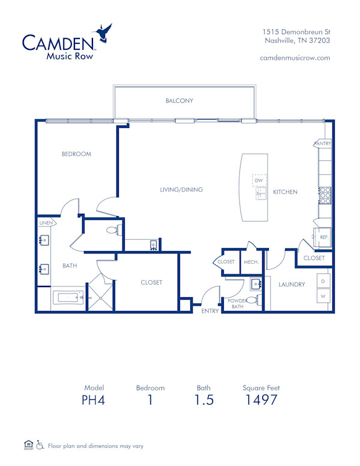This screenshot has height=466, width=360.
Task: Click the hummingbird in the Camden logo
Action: (103, 34)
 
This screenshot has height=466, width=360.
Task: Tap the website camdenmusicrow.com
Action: (295, 58)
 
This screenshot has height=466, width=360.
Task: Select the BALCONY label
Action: (179, 101)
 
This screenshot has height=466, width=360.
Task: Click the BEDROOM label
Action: (76, 154)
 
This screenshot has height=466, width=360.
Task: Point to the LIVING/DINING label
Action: (181, 190)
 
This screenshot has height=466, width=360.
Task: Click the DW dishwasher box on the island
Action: (259, 180)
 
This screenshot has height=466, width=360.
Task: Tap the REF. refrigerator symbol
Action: (323, 237)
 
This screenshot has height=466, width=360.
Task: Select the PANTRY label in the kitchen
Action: (322, 144)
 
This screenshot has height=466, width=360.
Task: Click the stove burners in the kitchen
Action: (325, 196)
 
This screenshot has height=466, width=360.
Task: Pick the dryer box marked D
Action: (323, 281)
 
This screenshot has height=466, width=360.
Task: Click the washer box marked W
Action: (323, 296)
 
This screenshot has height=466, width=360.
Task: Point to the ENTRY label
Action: (210, 310)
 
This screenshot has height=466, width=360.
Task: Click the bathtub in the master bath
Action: (68, 297)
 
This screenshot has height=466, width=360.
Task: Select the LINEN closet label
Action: (46, 223)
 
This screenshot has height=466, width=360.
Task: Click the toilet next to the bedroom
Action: (112, 230)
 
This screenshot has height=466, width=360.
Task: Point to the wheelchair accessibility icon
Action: (40, 446)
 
